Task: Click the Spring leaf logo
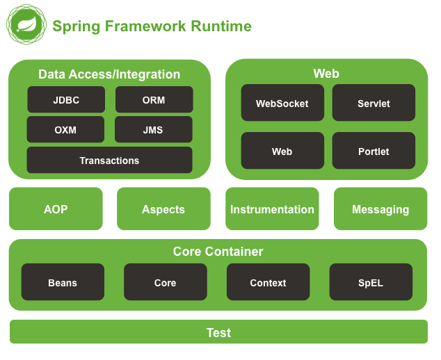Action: click(26, 26)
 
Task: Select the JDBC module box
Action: click(66, 100)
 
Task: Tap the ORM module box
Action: click(154, 100)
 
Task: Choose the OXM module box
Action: click(65, 130)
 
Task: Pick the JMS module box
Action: click(153, 130)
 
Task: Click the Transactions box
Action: click(109, 161)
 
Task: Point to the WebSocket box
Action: click(282, 104)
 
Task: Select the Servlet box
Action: click(374, 104)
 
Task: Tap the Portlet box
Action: click(374, 152)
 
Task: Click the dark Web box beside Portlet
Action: click(282, 152)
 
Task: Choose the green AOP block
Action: click(56, 209)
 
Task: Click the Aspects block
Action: click(163, 209)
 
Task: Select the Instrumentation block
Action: click(272, 209)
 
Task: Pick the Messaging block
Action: click(380, 209)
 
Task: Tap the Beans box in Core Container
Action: click(63, 283)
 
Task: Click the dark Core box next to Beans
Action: click(165, 283)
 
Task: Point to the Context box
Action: click(268, 283)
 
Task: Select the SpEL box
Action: click(371, 283)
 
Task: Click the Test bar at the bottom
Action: click(218, 332)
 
